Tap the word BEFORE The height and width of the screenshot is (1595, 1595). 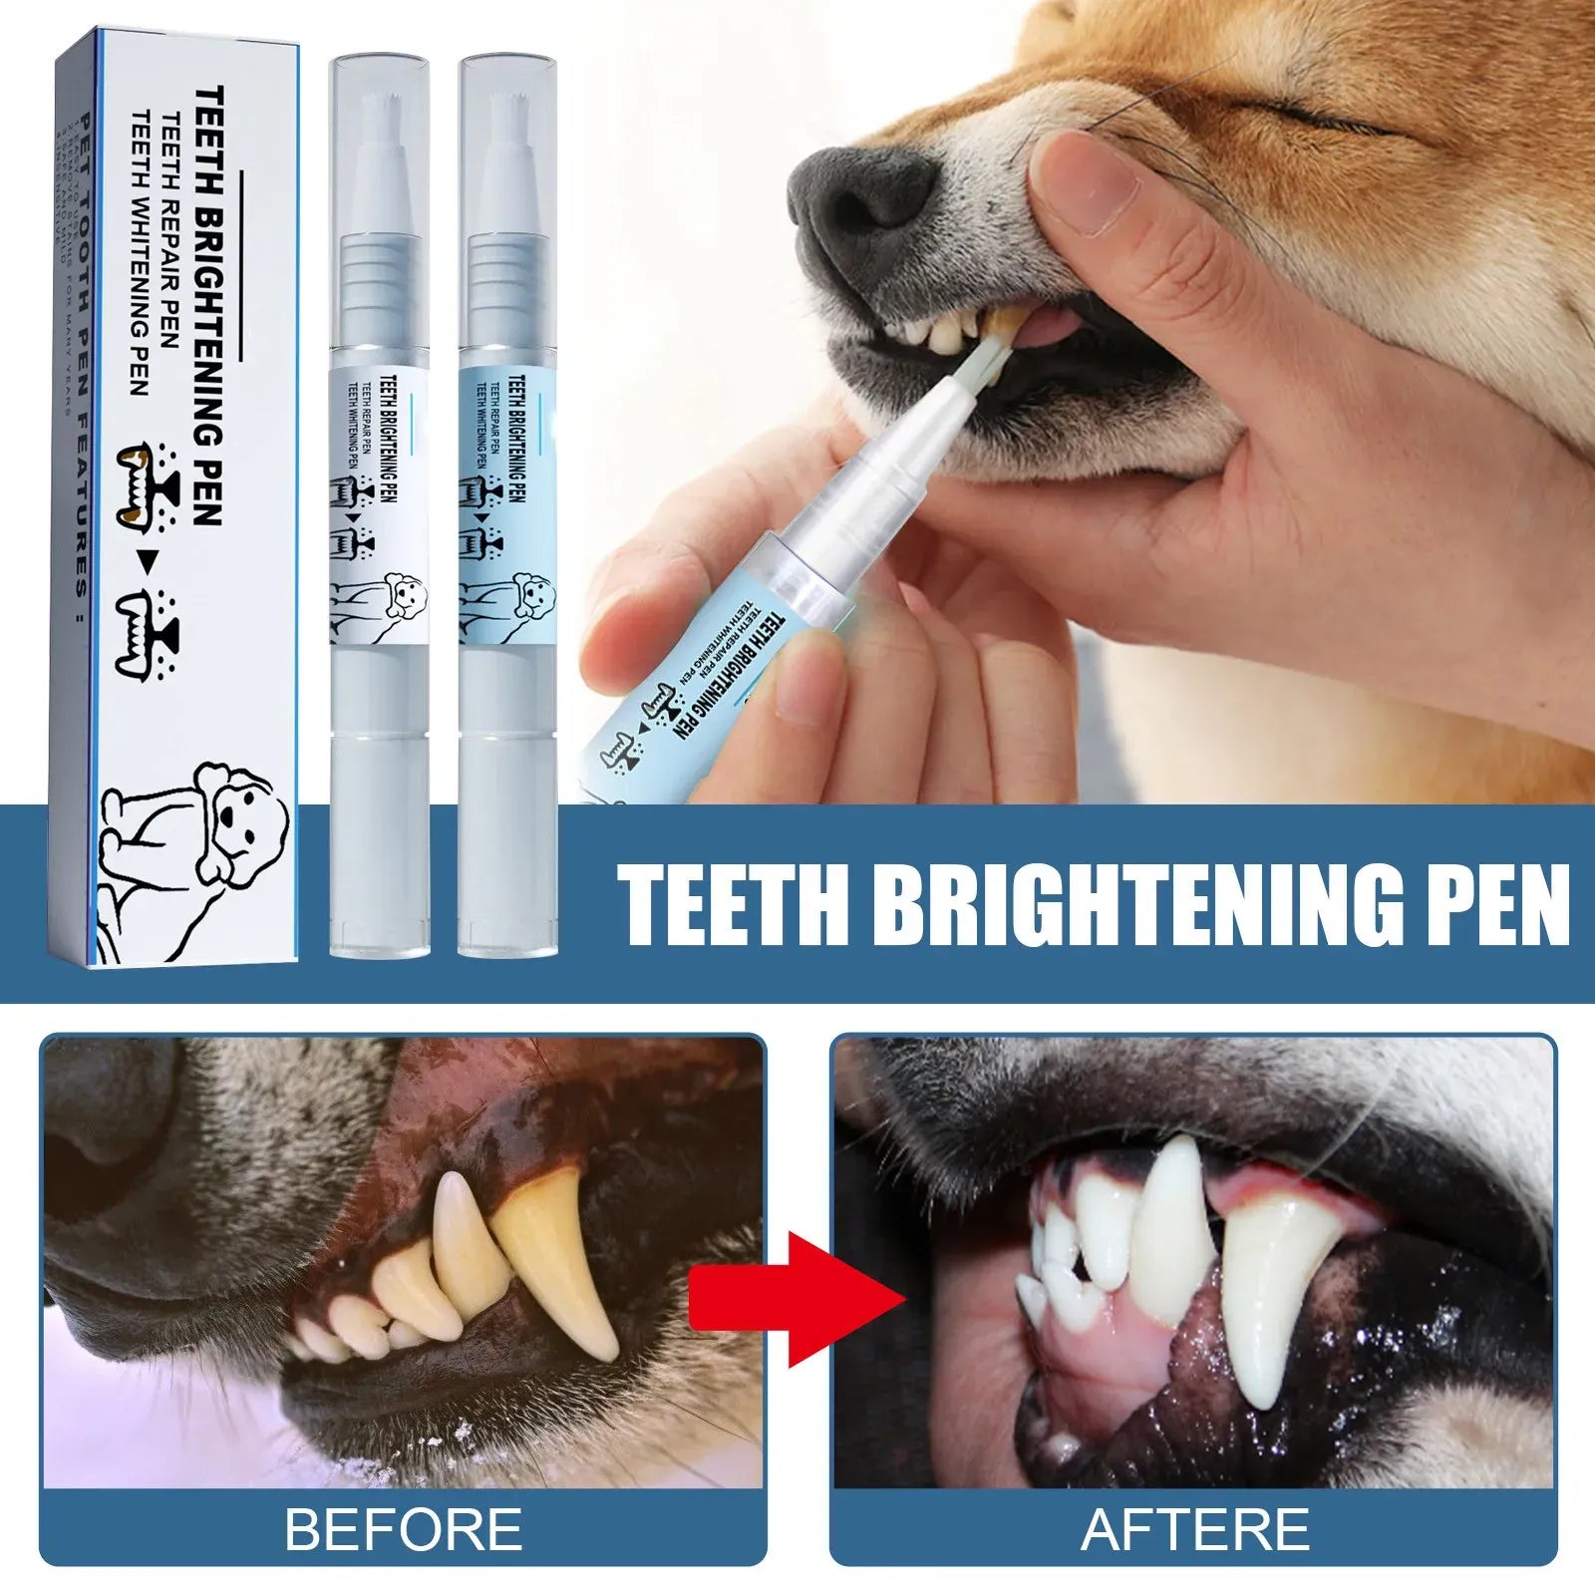tap(404, 1528)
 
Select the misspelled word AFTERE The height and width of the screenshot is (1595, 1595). tap(1195, 1528)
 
